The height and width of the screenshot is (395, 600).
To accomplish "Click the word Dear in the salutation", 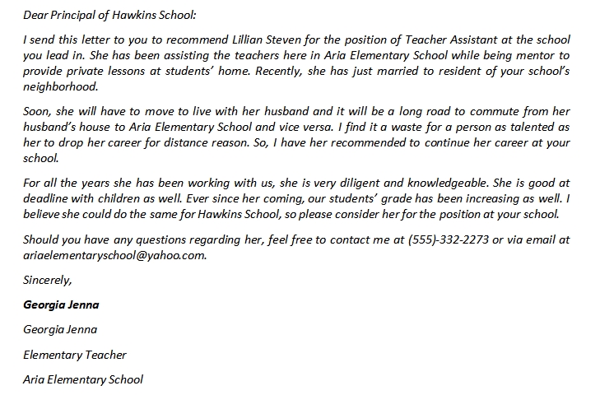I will [37, 15].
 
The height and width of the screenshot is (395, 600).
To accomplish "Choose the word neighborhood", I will [61, 86].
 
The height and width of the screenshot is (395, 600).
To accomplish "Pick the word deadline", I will [49, 198].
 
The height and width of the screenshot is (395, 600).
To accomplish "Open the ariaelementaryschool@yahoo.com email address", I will [114, 255].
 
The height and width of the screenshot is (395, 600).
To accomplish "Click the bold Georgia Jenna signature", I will [62, 304].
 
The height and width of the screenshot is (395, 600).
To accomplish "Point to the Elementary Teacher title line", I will [75, 355].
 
